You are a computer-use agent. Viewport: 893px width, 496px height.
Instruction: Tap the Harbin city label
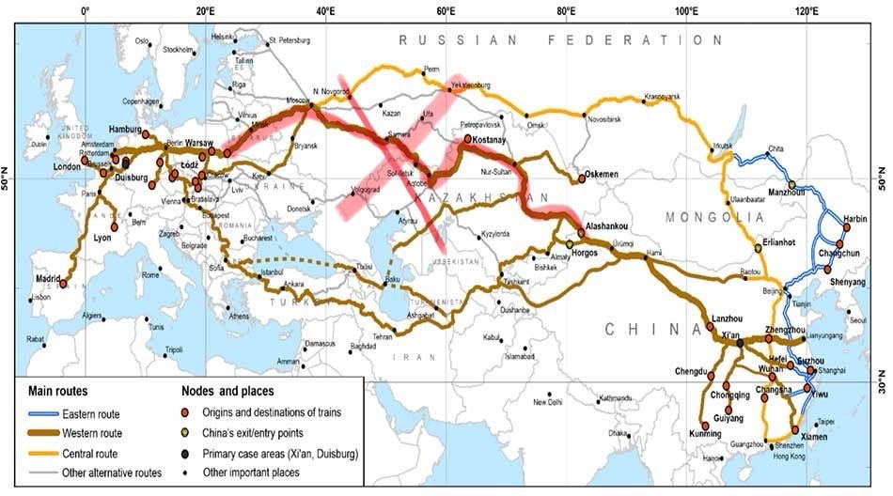[x=855, y=218]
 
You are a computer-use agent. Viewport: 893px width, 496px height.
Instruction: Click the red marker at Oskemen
[x=582, y=180]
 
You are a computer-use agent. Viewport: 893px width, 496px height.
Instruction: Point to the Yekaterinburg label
[x=472, y=85]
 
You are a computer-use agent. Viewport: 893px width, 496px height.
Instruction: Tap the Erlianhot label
[x=775, y=241]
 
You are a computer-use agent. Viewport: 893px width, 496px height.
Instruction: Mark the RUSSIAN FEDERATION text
[x=560, y=40]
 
